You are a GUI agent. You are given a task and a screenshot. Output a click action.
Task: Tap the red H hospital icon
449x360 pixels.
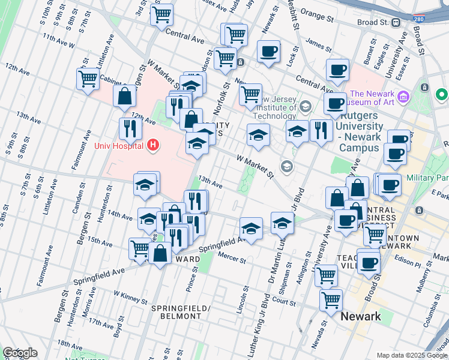[153, 145]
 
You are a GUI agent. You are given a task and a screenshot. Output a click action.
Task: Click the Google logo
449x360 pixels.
[19, 353]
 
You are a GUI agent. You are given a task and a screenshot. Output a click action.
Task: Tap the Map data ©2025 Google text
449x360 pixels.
[412, 355]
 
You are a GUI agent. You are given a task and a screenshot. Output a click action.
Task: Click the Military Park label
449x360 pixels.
[427, 178]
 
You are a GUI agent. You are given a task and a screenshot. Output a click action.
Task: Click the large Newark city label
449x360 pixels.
[360, 316]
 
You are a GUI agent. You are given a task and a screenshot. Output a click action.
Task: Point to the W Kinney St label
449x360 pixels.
[130, 298]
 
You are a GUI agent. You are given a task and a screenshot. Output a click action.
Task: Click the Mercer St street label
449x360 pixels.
[232, 261]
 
